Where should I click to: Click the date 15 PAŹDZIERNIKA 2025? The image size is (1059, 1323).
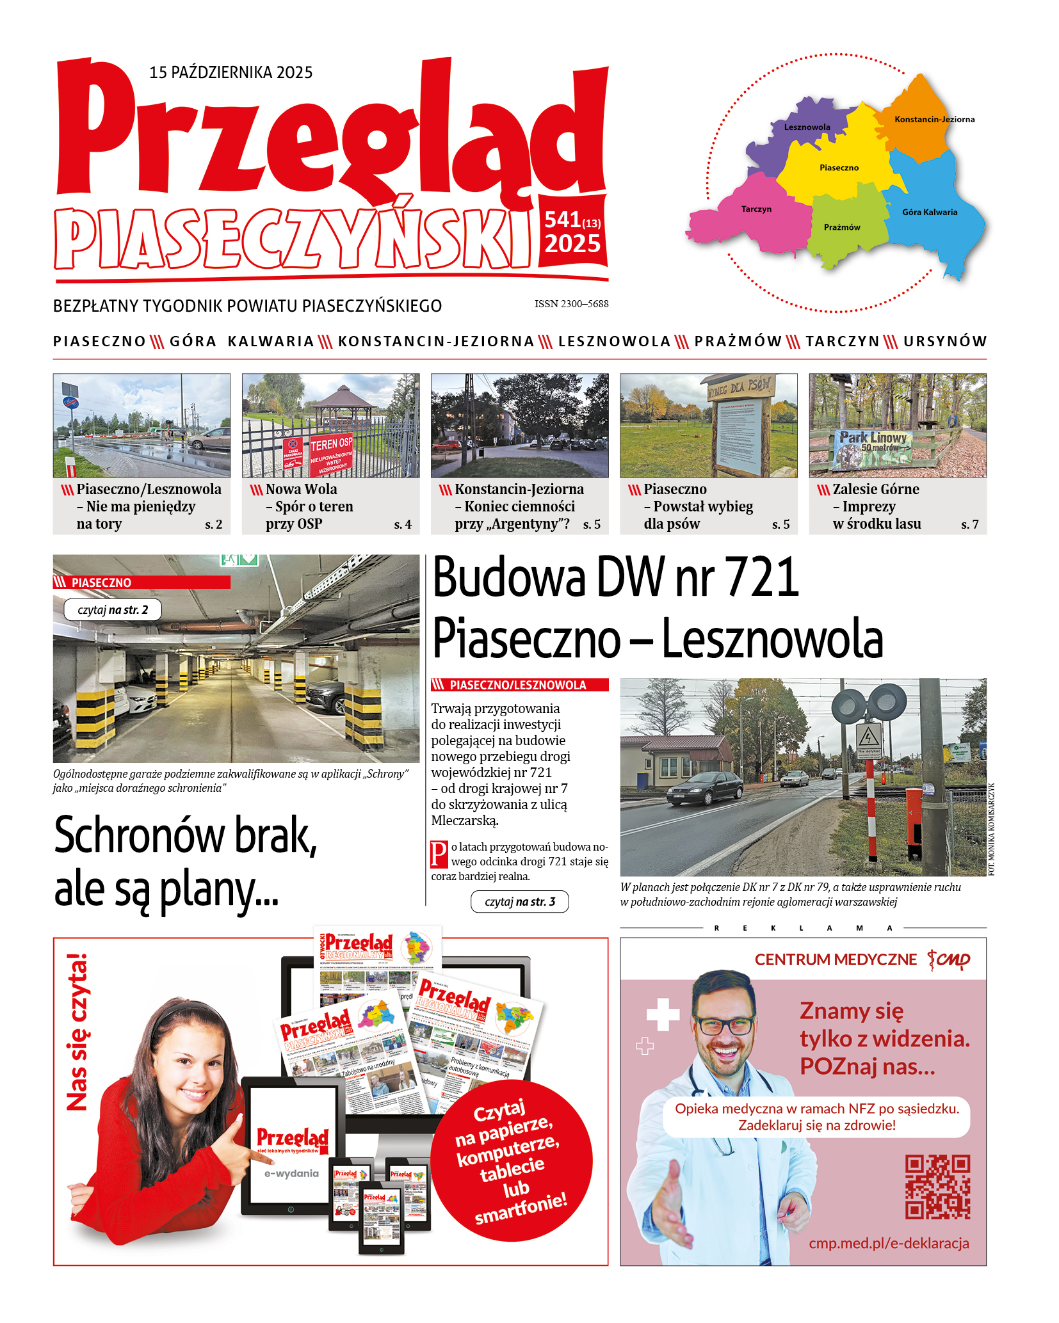coord(230,72)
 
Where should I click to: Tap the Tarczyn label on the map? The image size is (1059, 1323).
coord(756,209)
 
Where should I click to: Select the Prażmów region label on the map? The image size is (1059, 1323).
coord(842,227)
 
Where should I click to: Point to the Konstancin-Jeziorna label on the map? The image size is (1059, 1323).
coord(934,119)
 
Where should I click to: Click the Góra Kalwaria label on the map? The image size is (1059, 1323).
coord(930,212)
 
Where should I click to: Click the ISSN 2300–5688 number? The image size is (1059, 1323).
coord(571,304)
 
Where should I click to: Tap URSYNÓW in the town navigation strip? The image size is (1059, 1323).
coord(945,341)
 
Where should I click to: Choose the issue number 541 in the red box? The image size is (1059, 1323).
coord(563,220)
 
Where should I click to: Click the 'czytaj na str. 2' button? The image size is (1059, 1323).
coord(113,609)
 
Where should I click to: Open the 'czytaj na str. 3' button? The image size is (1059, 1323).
coord(519,902)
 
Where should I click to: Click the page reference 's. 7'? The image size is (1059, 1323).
coord(969,525)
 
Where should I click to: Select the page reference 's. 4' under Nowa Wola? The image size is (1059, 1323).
coord(403,525)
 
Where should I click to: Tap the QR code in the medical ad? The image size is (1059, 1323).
coord(937,1187)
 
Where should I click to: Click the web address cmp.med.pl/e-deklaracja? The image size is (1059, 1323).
coord(889,1243)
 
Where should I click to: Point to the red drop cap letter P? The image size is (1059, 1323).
coord(439,854)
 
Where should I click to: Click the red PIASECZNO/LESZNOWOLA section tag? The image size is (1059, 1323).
coord(519,685)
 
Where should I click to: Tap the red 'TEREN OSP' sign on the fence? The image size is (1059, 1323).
coord(331,444)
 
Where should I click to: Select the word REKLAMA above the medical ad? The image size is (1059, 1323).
coord(803,927)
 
